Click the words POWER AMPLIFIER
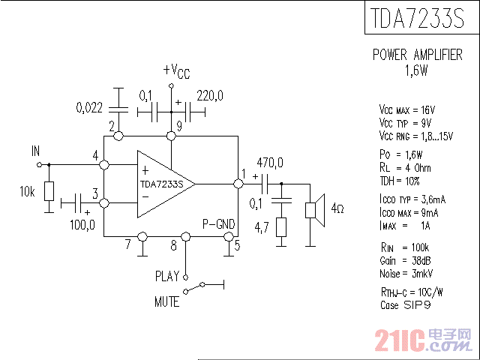tap(417, 55)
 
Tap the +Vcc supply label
tap(176, 71)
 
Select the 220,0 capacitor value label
tap(210, 95)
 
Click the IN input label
tap(35, 151)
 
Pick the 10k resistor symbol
tap(49, 190)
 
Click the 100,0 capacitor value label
tap(83, 224)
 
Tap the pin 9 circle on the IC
tap(171, 136)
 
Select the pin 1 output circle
tap(238, 183)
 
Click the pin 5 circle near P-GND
tap(229, 237)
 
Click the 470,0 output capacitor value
tap(270, 163)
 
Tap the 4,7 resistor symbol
tap(281, 226)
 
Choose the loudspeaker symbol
tap(315, 209)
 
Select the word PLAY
tap(167, 275)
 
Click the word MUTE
tap(166, 302)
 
